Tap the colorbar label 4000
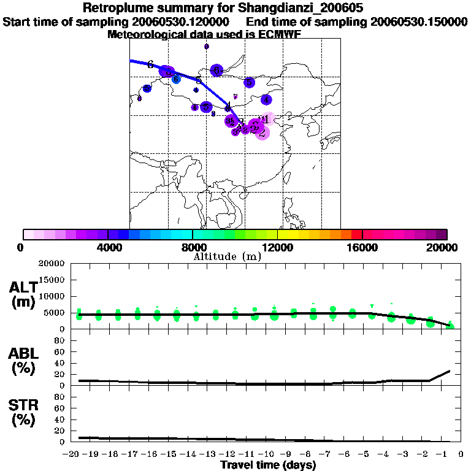[107, 247]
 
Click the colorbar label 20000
[446, 247]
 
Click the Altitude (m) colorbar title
[227, 256]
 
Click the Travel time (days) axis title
[268, 465]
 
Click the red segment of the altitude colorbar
[356, 234]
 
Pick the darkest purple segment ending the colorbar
[441, 234]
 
